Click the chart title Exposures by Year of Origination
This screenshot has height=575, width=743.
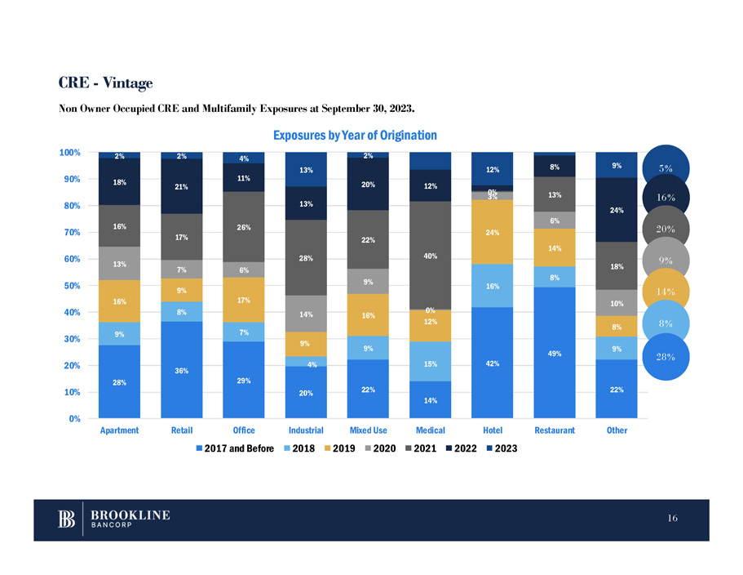point(355,135)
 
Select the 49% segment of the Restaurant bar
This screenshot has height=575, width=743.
point(554,352)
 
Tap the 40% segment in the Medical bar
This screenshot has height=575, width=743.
point(430,256)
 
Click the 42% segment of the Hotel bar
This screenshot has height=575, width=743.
point(492,363)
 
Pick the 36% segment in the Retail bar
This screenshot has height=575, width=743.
point(182,370)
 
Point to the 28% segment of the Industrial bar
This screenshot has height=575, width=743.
point(306,257)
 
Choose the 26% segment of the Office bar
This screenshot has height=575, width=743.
point(244,226)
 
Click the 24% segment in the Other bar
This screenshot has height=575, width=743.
point(616,210)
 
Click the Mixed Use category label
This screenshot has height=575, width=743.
point(368,430)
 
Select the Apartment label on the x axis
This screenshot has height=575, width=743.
point(120,430)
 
